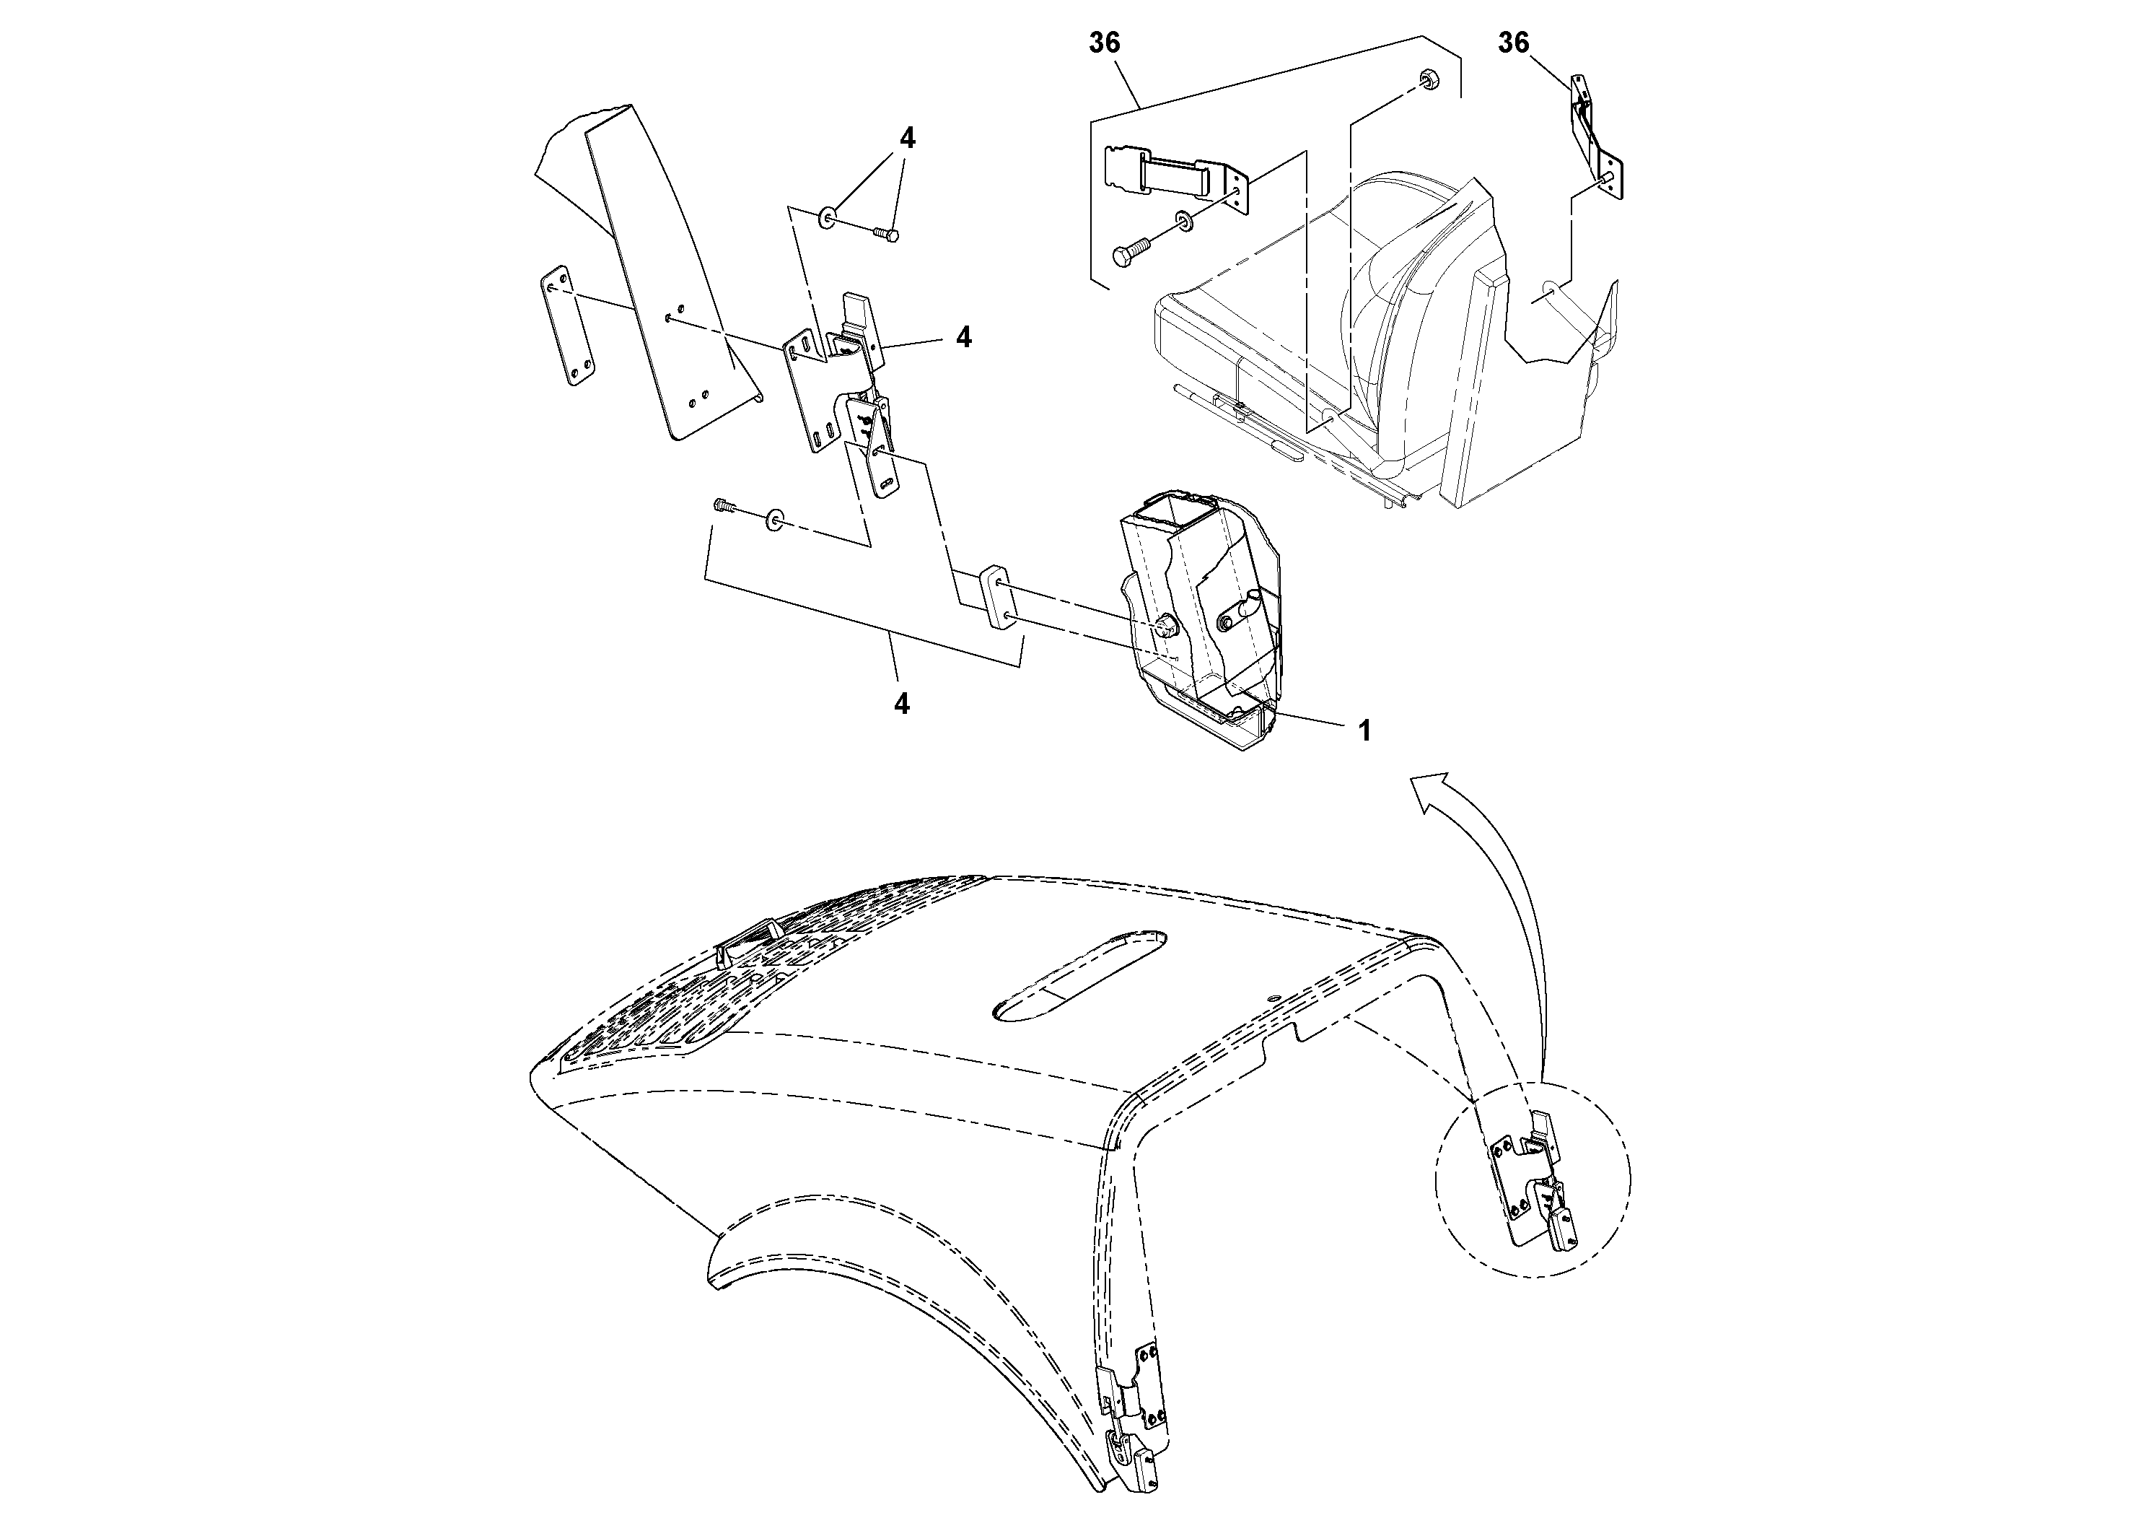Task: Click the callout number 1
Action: coord(1365,731)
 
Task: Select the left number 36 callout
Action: coord(1104,43)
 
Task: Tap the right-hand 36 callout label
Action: coord(1514,43)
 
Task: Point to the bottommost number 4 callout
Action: coord(902,704)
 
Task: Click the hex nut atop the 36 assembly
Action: coord(1428,78)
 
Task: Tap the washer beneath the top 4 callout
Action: coord(827,219)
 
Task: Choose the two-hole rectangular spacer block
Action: coord(994,599)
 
